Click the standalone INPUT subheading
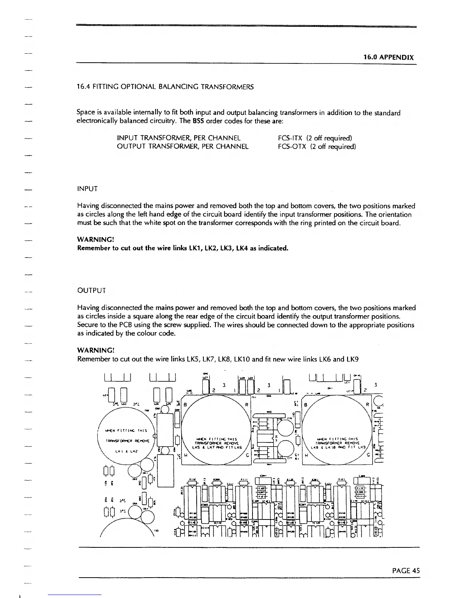click(x=88, y=189)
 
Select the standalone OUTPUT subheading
click(x=91, y=291)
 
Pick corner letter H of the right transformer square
click(x=306, y=455)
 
